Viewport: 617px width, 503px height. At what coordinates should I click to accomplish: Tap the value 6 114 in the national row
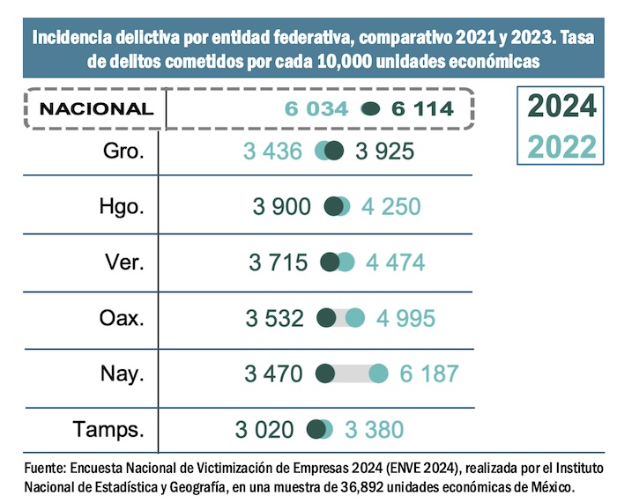423,109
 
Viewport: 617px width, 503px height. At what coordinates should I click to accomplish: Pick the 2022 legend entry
561,145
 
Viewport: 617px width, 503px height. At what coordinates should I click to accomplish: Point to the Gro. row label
123,151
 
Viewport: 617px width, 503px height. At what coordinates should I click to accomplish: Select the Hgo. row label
123,206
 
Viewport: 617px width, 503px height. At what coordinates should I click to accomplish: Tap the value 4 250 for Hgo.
391,207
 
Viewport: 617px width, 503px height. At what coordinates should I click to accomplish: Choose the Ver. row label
123,262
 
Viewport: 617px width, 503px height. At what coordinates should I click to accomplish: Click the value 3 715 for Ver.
279,263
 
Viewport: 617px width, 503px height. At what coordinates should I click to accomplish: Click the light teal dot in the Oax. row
355,318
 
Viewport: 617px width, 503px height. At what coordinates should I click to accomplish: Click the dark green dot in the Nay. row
324,374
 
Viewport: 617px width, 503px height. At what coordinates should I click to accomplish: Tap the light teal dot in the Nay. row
378,374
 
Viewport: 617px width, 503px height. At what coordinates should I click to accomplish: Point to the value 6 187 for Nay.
428,374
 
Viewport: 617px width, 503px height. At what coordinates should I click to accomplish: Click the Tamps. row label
109,429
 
